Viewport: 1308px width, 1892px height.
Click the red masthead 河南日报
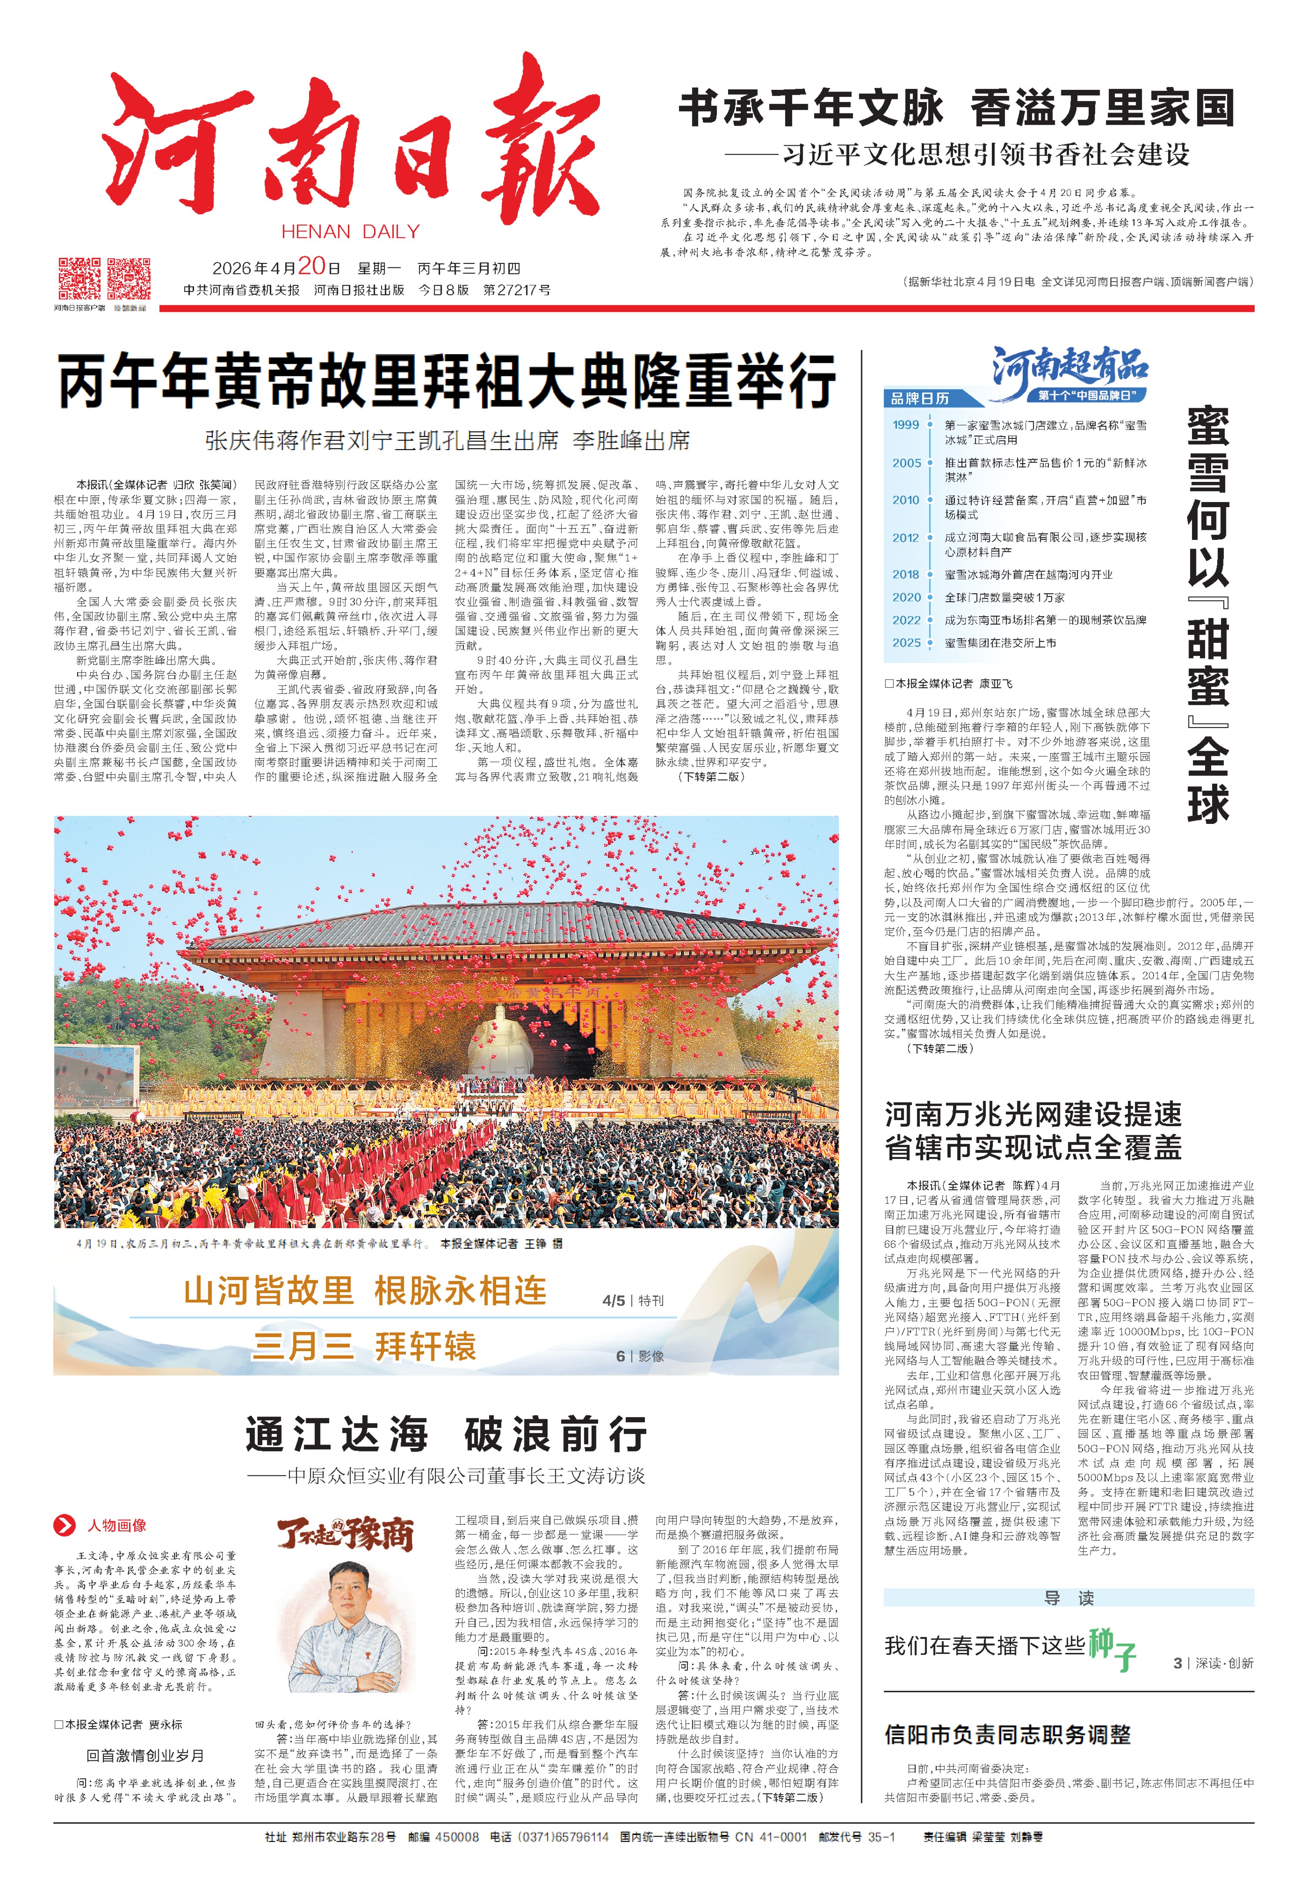(x=352, y=143)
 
